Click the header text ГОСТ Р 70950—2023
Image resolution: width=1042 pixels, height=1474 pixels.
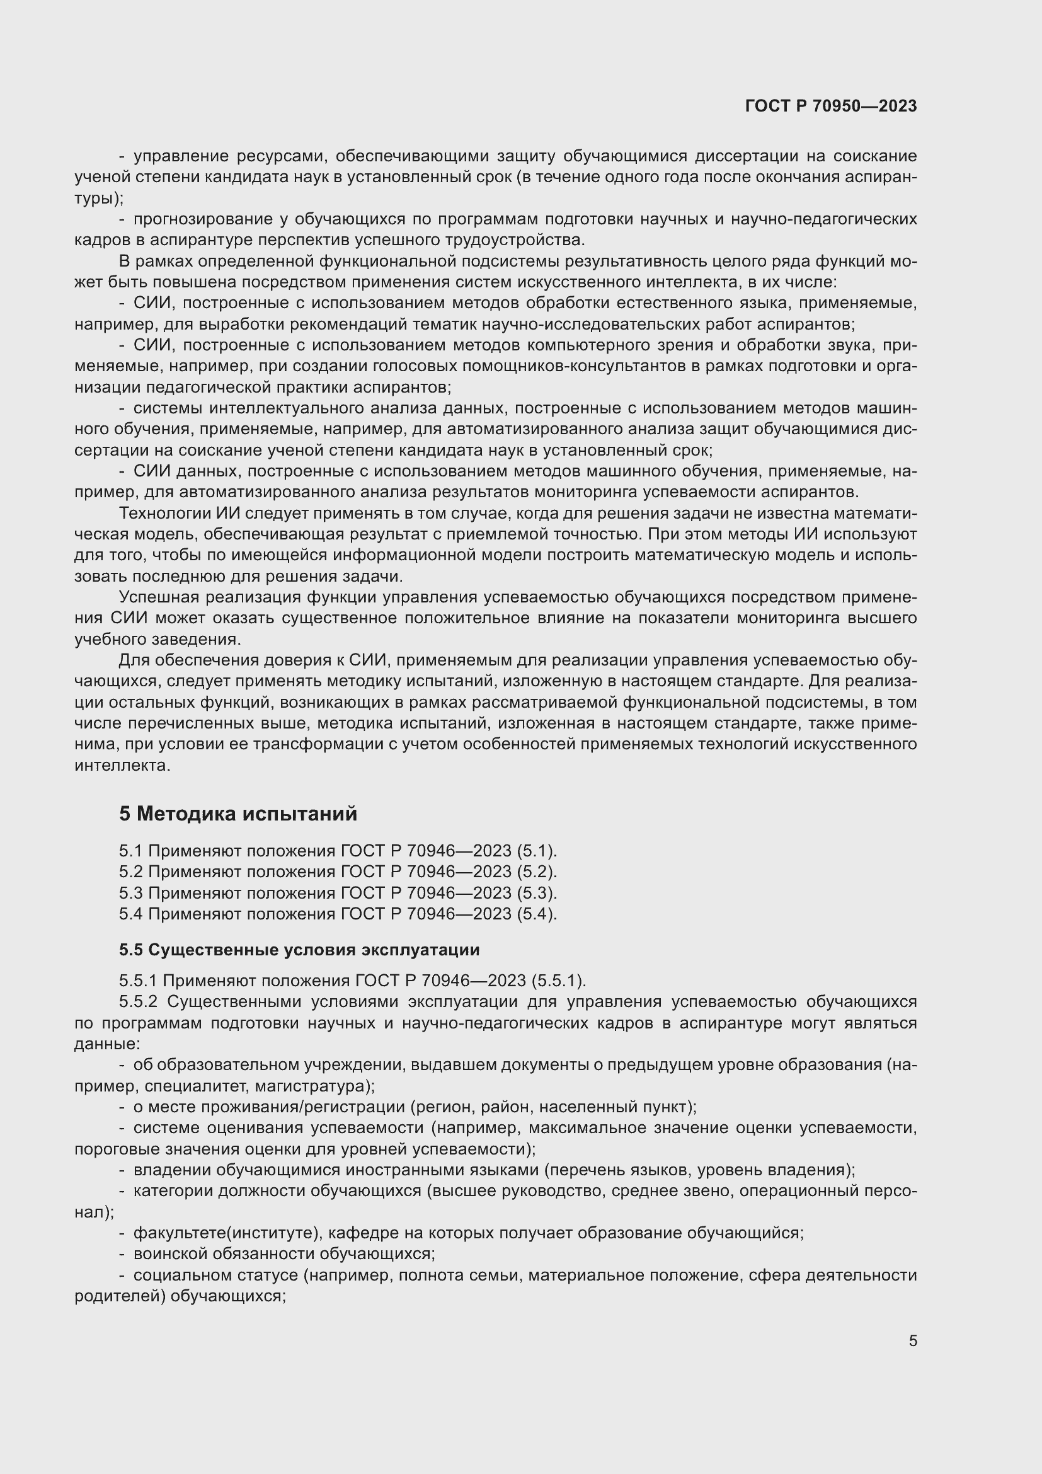(x=831, y=106)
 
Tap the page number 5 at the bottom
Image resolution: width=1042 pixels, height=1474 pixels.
(x=912, y=1341)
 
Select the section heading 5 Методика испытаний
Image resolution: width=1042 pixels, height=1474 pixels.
(x=238, y=814)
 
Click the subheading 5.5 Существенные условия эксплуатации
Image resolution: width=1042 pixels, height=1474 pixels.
(x=299, y=950)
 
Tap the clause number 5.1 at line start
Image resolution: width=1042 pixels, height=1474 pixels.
(x=131, y=851)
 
